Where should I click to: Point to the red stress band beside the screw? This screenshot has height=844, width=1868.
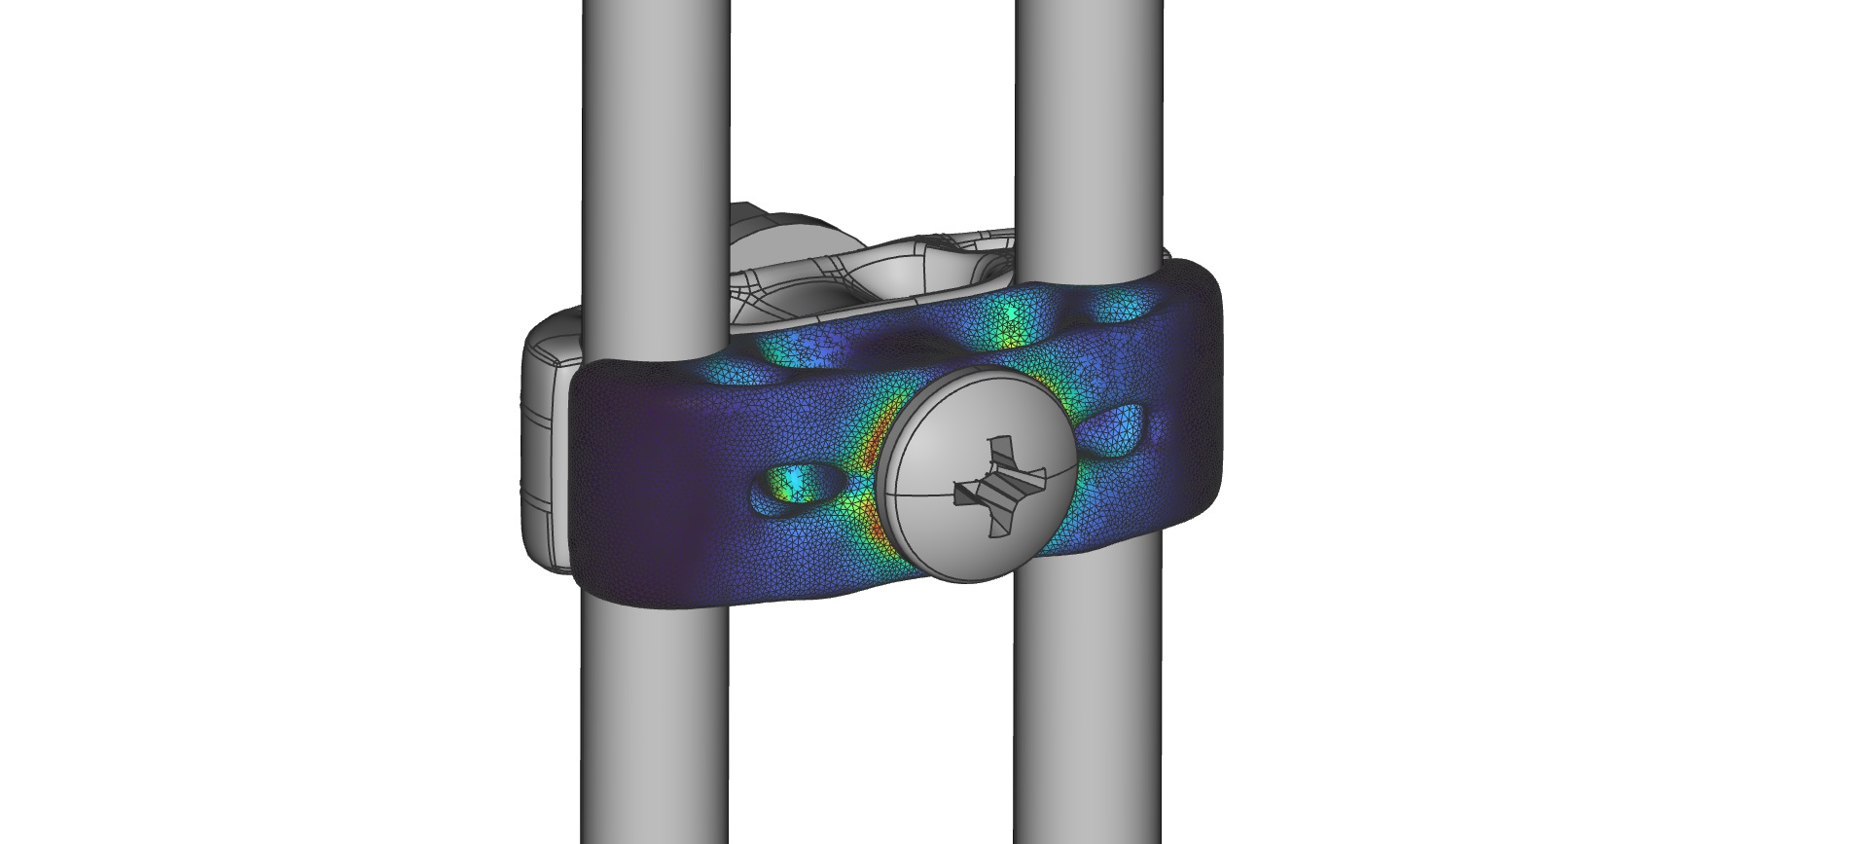coord(869,467)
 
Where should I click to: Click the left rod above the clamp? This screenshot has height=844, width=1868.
coord(654,146)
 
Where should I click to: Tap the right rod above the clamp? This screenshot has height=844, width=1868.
coord(1090,117)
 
